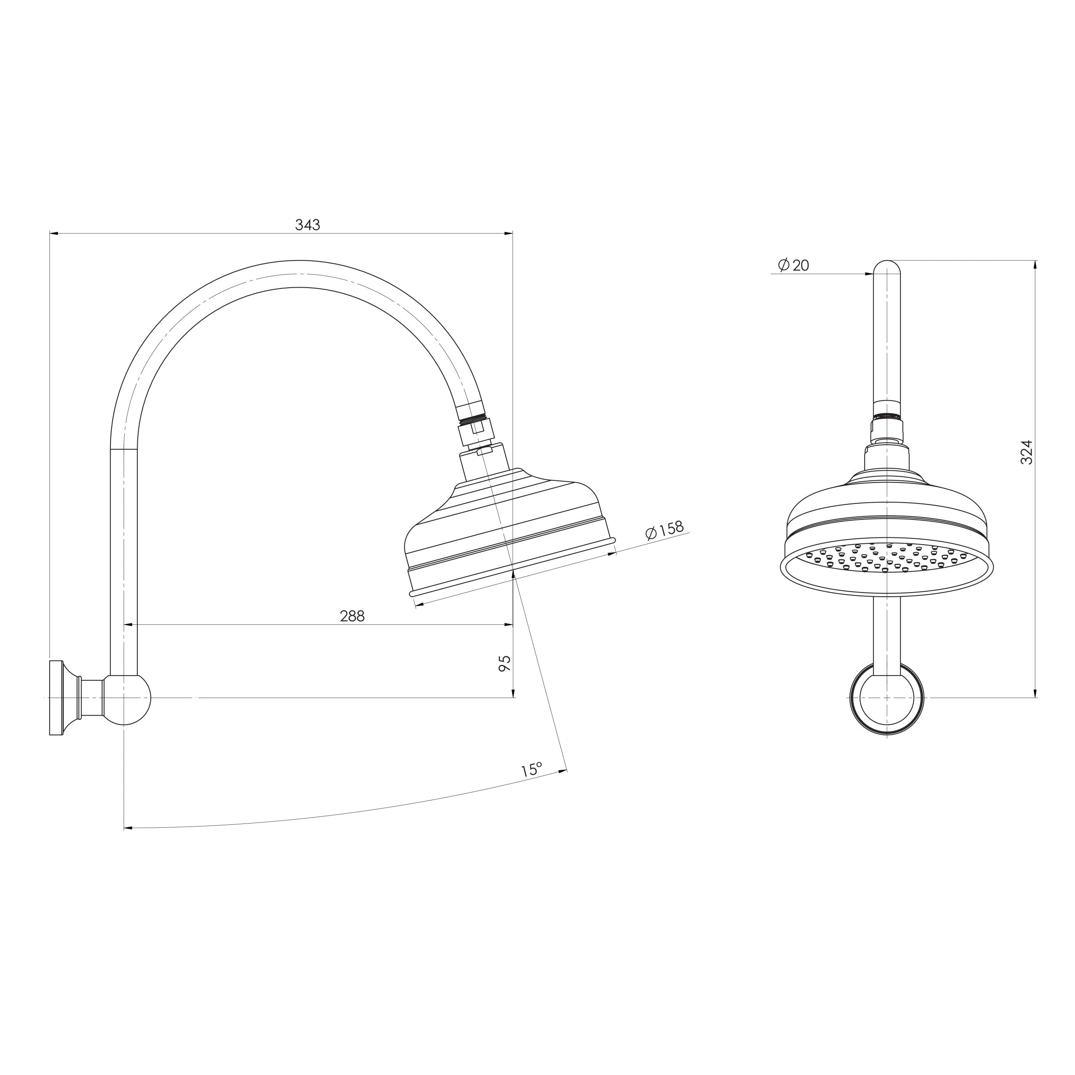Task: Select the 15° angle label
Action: [x=531, y=770]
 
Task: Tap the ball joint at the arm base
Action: [x=128, y=700]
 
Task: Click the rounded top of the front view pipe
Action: [x=887, y=267]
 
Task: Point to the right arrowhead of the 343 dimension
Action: [x=508, y=234]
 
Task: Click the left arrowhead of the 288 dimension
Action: [x=127, y=625]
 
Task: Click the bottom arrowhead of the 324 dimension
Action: [x=1035, y=693]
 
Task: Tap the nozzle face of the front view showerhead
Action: [x=887, y=559]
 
